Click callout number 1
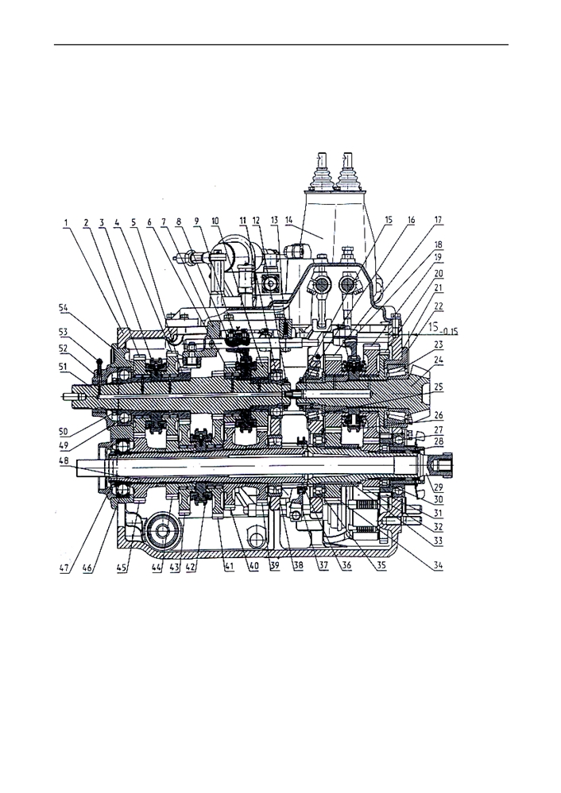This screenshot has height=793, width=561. coord(65,221)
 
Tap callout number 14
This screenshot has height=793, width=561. coord(288,221)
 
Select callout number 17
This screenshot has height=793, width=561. coord(439,220)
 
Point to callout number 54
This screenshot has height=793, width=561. coord(64,307)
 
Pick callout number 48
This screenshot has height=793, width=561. coord(64,460)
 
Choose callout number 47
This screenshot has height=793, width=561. coord(64,568)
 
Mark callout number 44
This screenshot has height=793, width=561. coord(157,568)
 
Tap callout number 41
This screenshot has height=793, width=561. coord(229,567)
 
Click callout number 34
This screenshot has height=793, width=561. coord(438,565)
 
